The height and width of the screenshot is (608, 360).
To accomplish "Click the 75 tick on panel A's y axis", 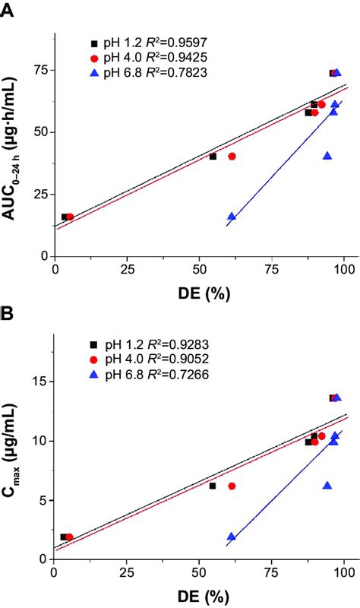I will pyautogui.click(x=40, y=70).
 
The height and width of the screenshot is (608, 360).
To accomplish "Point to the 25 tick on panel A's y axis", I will pyautogui.click(x=40, y=194).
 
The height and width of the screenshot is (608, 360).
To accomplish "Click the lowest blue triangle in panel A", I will pyautogui.click(x=232, y=217).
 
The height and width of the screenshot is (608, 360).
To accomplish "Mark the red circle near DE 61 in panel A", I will pyautogui.click(x=232, y=157).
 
